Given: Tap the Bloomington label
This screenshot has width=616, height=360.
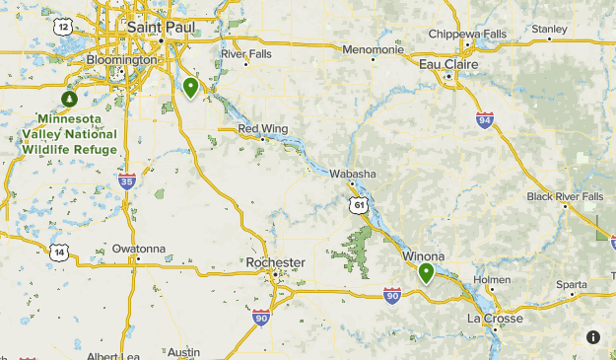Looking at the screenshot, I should pyautogui.click(x=122, y=60).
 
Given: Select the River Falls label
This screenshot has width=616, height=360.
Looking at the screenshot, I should pyautogui.click(x=245, y=53).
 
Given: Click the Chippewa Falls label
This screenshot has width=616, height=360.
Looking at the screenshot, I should pyautogui.click(x=467, y=34).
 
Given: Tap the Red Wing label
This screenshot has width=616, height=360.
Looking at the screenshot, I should pyautogui.click(x=262, y=128).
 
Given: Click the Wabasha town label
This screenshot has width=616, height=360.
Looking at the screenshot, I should pyautogui.click(x=353, y=174).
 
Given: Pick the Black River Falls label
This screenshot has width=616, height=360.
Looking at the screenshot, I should pyautogui.click(x=565, y=196).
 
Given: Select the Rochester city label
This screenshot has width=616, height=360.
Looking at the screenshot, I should pyautogui.click(x=275, y=262).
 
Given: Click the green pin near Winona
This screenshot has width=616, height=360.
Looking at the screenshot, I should pyautogui.click(x=427, y=272).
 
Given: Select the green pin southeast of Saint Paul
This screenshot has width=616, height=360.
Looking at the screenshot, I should pyautogui.click(x=191, y=88).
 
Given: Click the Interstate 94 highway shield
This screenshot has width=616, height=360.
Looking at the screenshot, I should pyautogui.click(x=484, y=121).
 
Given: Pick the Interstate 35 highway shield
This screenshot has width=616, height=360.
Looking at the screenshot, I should pyautogui.click(x=126, y=181).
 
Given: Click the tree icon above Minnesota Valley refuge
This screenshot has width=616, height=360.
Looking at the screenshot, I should pyautogui.click(x=69, y=99).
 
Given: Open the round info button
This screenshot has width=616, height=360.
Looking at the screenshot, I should pyautogui.click(x=593, y=336).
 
